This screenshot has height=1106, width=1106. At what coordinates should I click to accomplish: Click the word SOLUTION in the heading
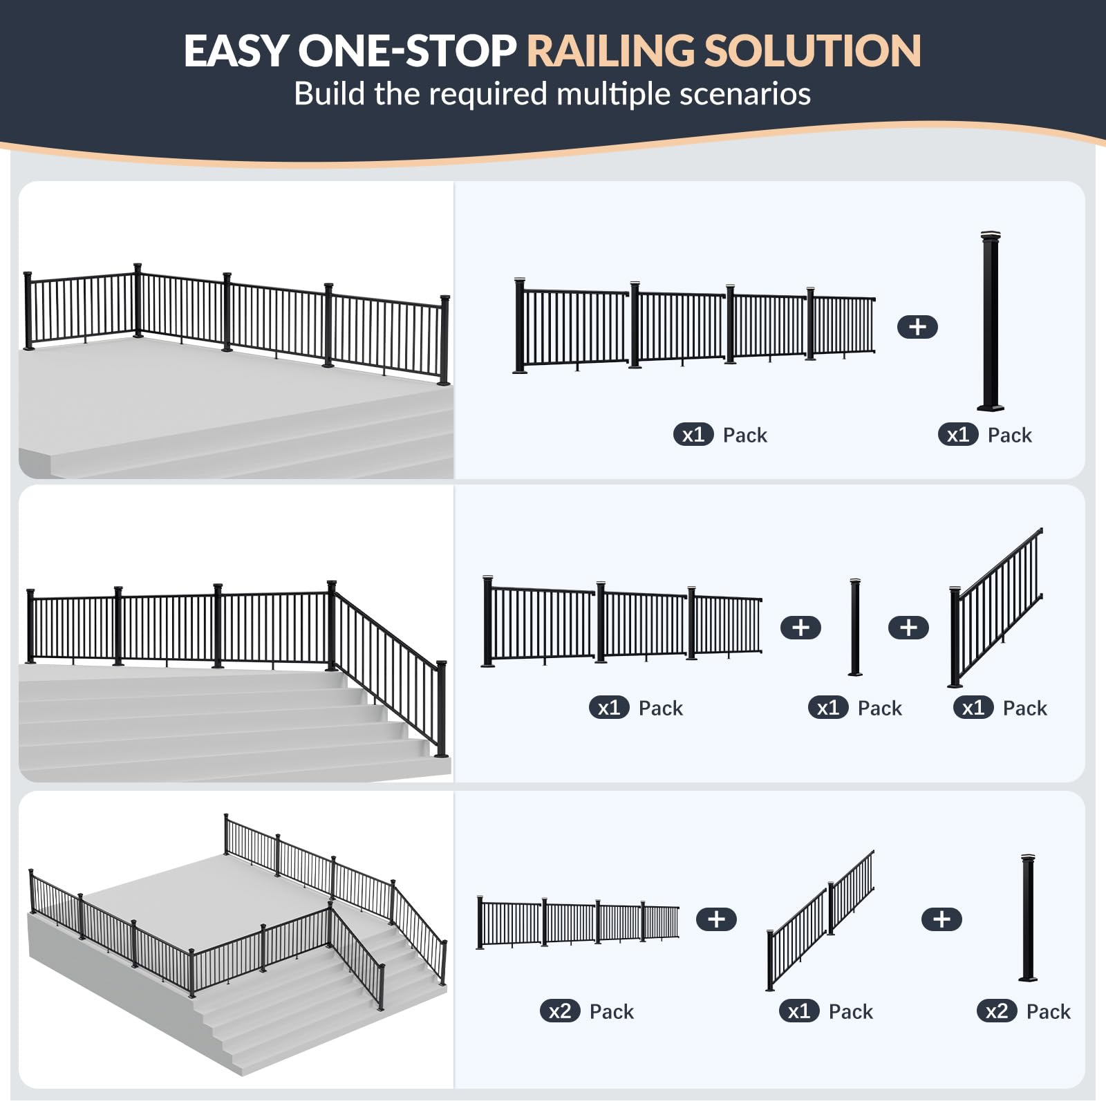(x=812, y=50)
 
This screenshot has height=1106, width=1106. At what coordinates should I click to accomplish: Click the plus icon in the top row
(x=917, y=327)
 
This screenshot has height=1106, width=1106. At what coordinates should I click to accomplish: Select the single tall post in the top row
(x=991, y=321)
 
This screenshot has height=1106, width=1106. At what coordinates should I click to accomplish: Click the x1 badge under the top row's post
(x=958, y=435)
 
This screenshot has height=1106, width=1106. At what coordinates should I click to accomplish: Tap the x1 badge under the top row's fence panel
(x=693, y=435)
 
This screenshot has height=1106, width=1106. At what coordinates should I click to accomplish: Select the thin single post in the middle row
(x=855, y=627)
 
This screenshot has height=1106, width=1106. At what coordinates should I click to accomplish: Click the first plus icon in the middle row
(x=800, y=628)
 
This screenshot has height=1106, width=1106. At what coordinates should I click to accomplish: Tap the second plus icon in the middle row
(x=908, y=628)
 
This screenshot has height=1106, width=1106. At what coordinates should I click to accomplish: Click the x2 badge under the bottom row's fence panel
(x=559, y=1011)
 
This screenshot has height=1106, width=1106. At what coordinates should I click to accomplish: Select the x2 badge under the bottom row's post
(x=996, y=1011)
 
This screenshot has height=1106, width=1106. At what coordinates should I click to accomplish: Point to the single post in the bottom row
(x=1029, y=918)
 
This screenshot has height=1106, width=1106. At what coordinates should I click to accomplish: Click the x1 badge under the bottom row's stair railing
(x=799, y=1011)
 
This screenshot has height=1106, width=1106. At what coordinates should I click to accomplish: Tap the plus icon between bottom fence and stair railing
(x=716, y=919)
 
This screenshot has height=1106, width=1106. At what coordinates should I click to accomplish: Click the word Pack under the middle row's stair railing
(x=1024, y=708)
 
